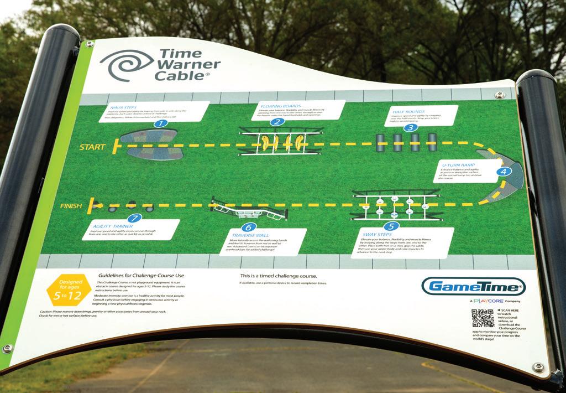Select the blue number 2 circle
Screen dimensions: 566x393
pyautogui.click(x=277, y=122)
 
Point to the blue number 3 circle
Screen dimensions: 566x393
pyautogui.click(x=410, y=127)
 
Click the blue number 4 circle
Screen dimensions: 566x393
pyautogui.click(x=503, y=171)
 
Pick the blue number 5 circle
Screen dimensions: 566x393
pyautogui.click(x=391, y=226)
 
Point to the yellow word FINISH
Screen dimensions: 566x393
pyautogui.click(x=72, y=206)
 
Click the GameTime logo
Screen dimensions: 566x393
pyautogui.click(x=473, y=286)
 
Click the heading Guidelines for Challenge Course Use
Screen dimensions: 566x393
pyautogui.click(x=141, y=275)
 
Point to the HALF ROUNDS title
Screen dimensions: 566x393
pyautogui.click(x=407, y=110)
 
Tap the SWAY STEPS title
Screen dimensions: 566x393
pyautogui.click(x=377, y=235)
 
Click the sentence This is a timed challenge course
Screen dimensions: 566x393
pyautogui.click(x=278, y=276)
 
